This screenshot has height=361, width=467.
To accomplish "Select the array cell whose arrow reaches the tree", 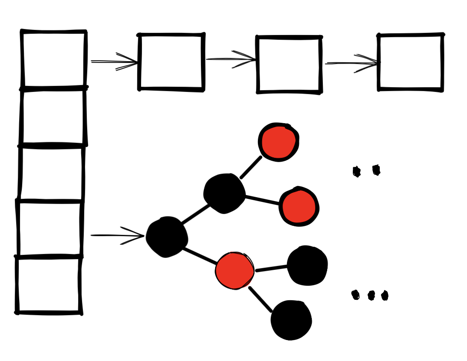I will click(50, 228).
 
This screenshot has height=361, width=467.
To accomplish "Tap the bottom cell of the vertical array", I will click(48, 285).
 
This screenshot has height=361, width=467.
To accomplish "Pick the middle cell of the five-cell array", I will click(51, 173).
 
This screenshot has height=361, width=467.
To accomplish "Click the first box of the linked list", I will click(171, 62).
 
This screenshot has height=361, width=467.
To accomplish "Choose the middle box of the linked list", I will click(289, 65).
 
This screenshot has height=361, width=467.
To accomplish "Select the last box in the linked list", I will click(411, 62).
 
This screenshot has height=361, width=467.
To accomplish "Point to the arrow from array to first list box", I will click(115, 62).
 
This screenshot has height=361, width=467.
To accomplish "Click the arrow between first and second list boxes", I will click(231, 59).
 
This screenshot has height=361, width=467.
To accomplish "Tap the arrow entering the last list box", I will click(352, 63).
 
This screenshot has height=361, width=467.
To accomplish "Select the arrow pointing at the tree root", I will click(118, 235).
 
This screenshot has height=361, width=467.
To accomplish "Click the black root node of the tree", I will click(167, 237).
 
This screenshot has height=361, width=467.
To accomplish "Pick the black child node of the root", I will click(224, 193).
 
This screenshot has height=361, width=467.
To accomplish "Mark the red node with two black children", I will click(234, 270).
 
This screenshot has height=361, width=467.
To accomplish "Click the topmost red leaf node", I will click(278, 142).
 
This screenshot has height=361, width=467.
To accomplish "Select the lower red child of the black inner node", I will click(299, 206).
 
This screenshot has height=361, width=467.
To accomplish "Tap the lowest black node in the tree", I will click(291, 320).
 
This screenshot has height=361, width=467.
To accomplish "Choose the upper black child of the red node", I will click(307, 265).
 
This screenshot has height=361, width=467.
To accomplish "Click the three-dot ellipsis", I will click(370, 295).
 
